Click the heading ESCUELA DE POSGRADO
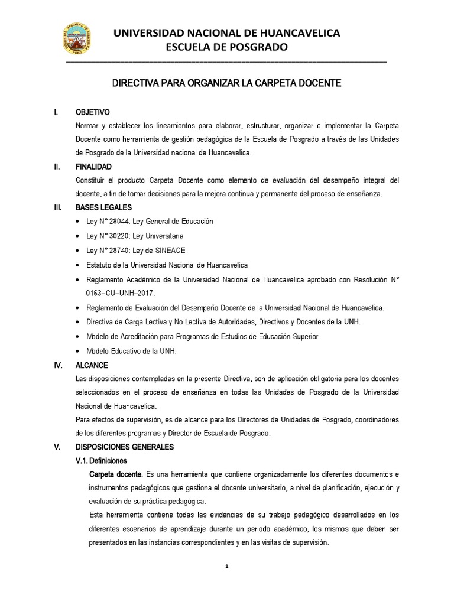click(227, 47)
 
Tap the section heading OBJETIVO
click(93, 112)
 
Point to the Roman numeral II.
click(56, 168)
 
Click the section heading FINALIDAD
click(93, 168)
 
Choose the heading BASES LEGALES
click(103, 207)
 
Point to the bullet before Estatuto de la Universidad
click(80, 265)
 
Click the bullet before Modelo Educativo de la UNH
click(80, 351)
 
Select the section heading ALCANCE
click(92, 366)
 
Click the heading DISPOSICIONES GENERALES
click(124, 447)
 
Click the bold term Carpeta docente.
click(115, 475)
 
